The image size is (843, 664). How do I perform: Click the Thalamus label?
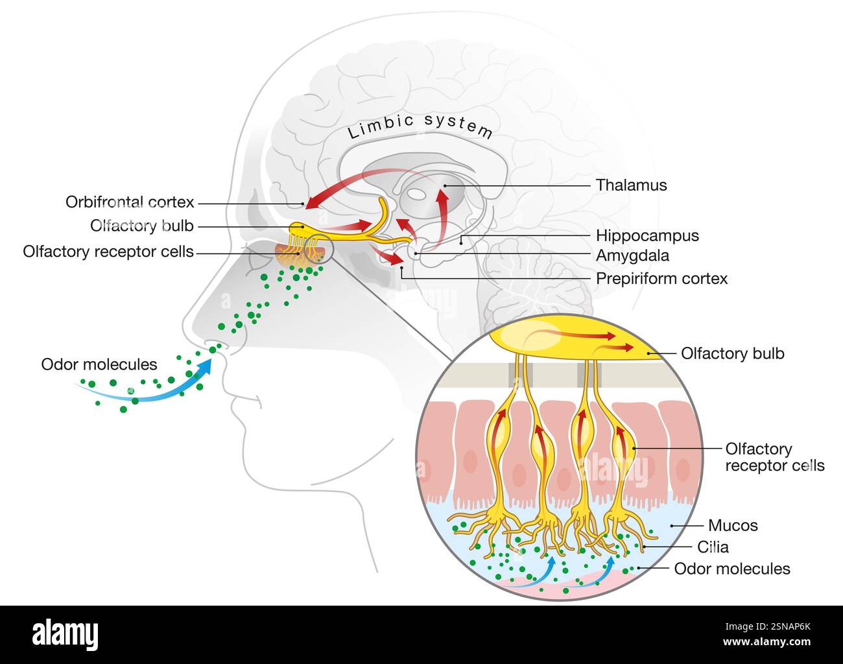pos(631,185)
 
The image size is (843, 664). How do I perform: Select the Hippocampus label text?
pos(647,235)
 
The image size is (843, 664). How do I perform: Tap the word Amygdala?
pos(632,255)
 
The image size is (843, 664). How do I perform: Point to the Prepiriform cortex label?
pos(661,279)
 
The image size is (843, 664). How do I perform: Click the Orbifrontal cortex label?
pos(130,202)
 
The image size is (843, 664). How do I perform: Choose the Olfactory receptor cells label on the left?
pos(108,252)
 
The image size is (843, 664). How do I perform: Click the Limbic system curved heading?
pos(420,125)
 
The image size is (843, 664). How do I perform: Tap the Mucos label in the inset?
pos(733,525)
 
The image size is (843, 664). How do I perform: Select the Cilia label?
pos(713,547)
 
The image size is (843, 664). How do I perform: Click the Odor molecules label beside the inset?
pos(732,569)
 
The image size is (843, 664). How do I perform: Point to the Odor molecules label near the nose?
pos(99,364)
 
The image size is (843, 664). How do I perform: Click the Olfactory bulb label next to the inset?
pos(732,353)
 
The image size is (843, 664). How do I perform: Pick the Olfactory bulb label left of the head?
pos(142,226)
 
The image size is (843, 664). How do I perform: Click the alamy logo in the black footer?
pos(65,634)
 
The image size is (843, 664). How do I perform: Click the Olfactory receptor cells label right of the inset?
pos(774,457)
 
